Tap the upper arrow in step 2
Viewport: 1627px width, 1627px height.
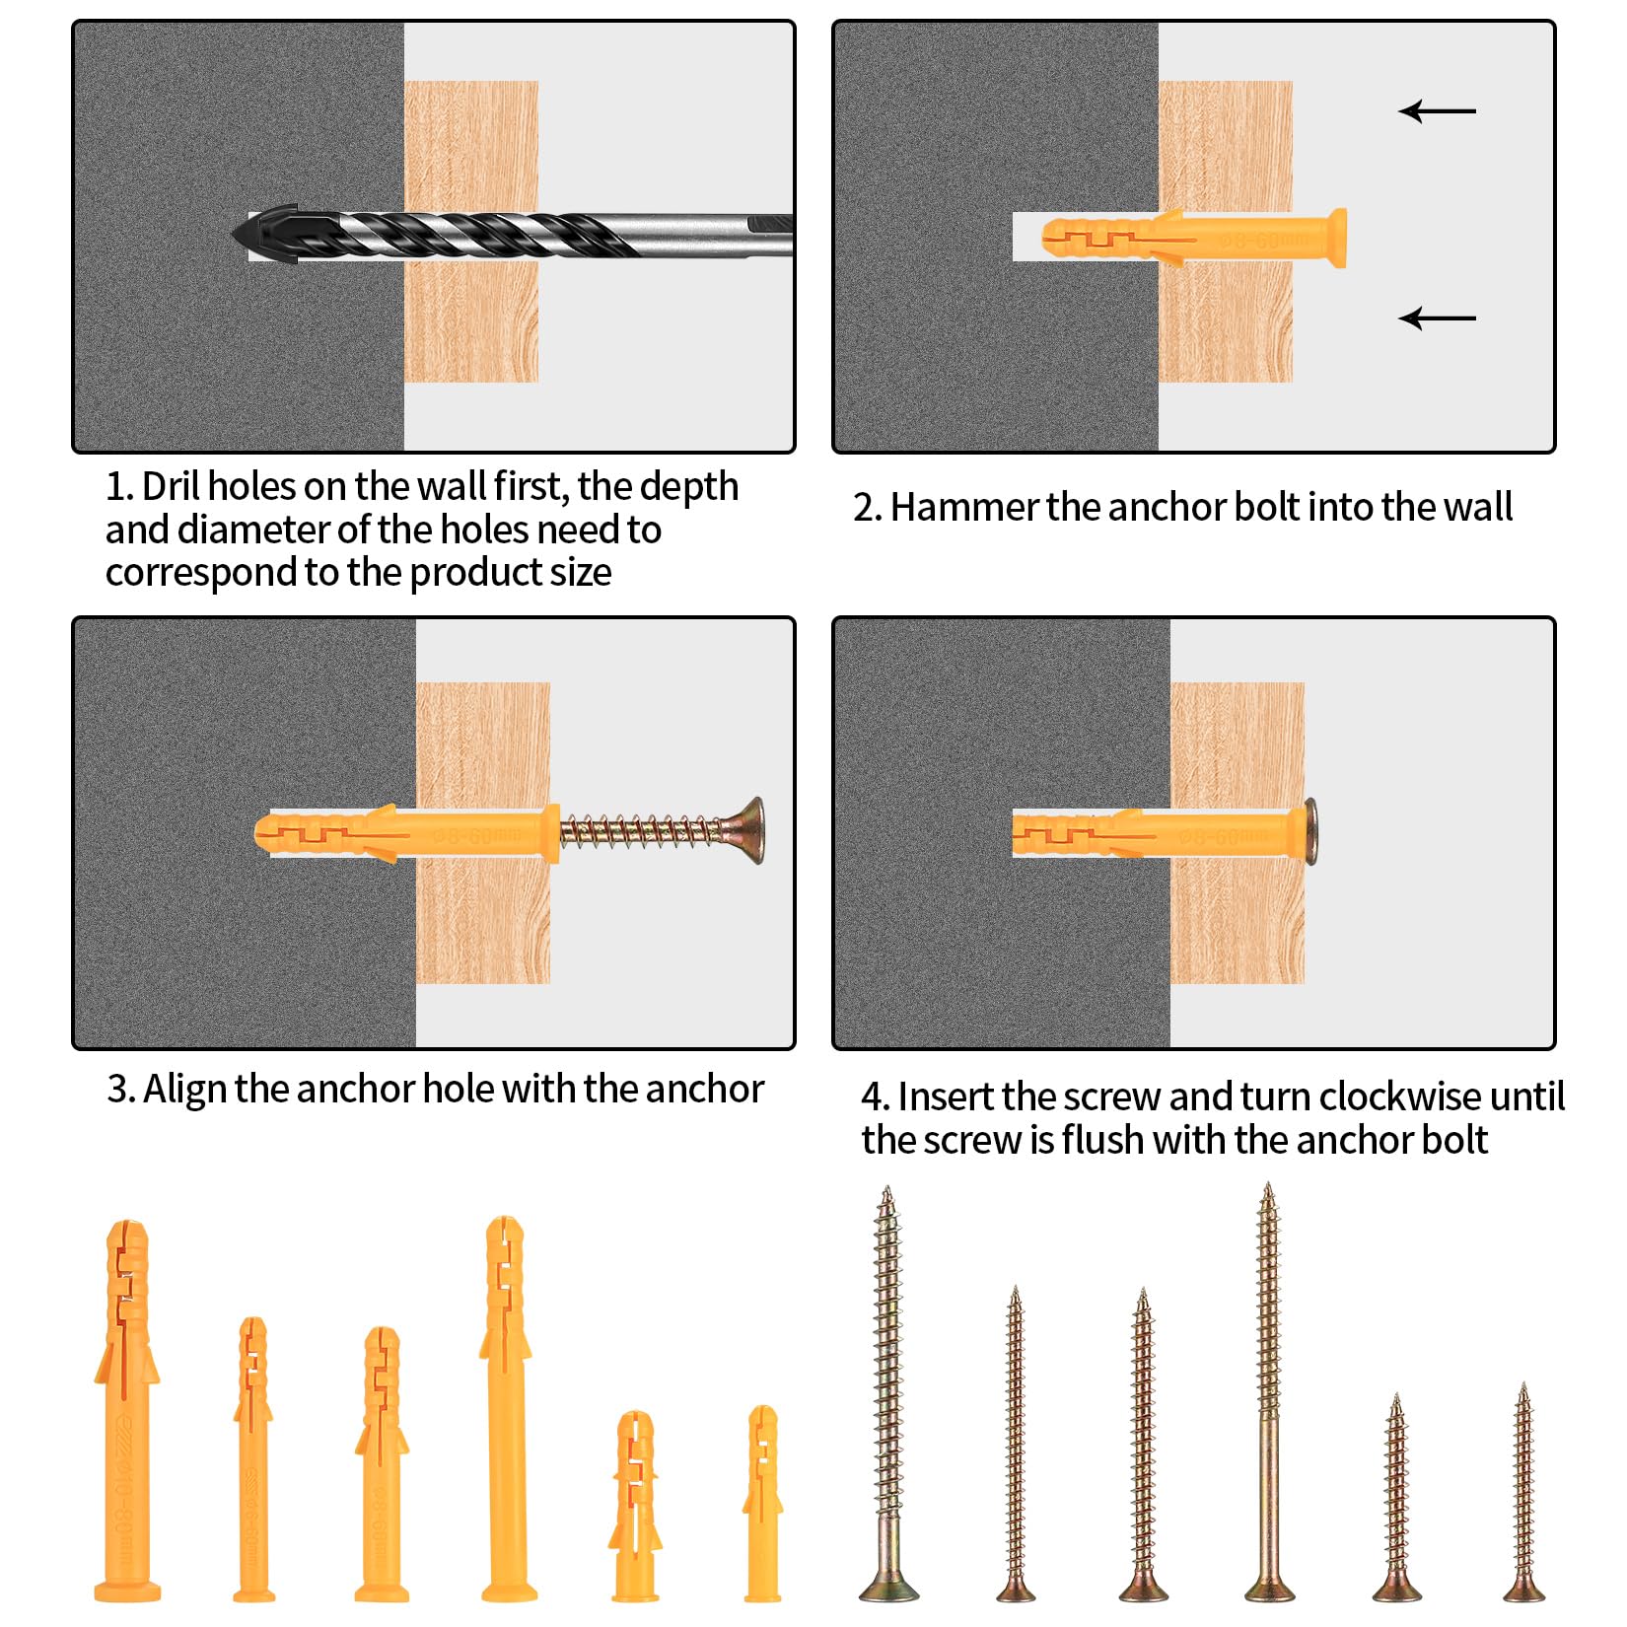[1438, 111]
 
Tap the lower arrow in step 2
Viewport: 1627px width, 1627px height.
[1438, 318]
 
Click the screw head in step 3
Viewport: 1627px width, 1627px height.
[750, 830]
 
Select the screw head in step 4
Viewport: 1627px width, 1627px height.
[1311, 831]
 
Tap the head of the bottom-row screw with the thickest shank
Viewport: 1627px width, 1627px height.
[888, 1587]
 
